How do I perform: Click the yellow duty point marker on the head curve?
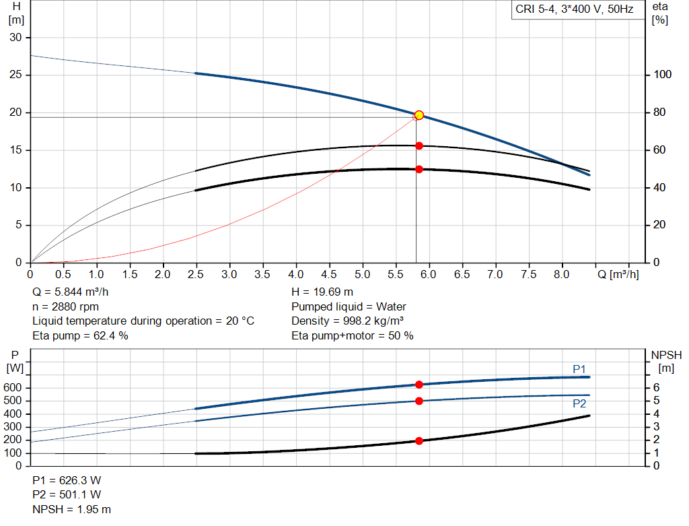[419, 115]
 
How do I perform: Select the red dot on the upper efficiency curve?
[419, 145]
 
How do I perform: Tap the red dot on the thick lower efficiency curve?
[419, 169]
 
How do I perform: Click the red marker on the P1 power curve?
[419, 385]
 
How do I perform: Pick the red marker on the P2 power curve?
[419, 401]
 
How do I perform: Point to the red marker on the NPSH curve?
[419, 440]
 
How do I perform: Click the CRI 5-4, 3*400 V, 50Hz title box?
[574, 10]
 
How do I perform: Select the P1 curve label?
[579, 368]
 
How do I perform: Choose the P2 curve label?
[579, 403]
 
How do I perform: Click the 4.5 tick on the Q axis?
[329, 274]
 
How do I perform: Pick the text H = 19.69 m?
[322, 292]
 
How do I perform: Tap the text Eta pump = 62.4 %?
[80, 335]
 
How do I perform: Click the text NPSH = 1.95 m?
[72, 509]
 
